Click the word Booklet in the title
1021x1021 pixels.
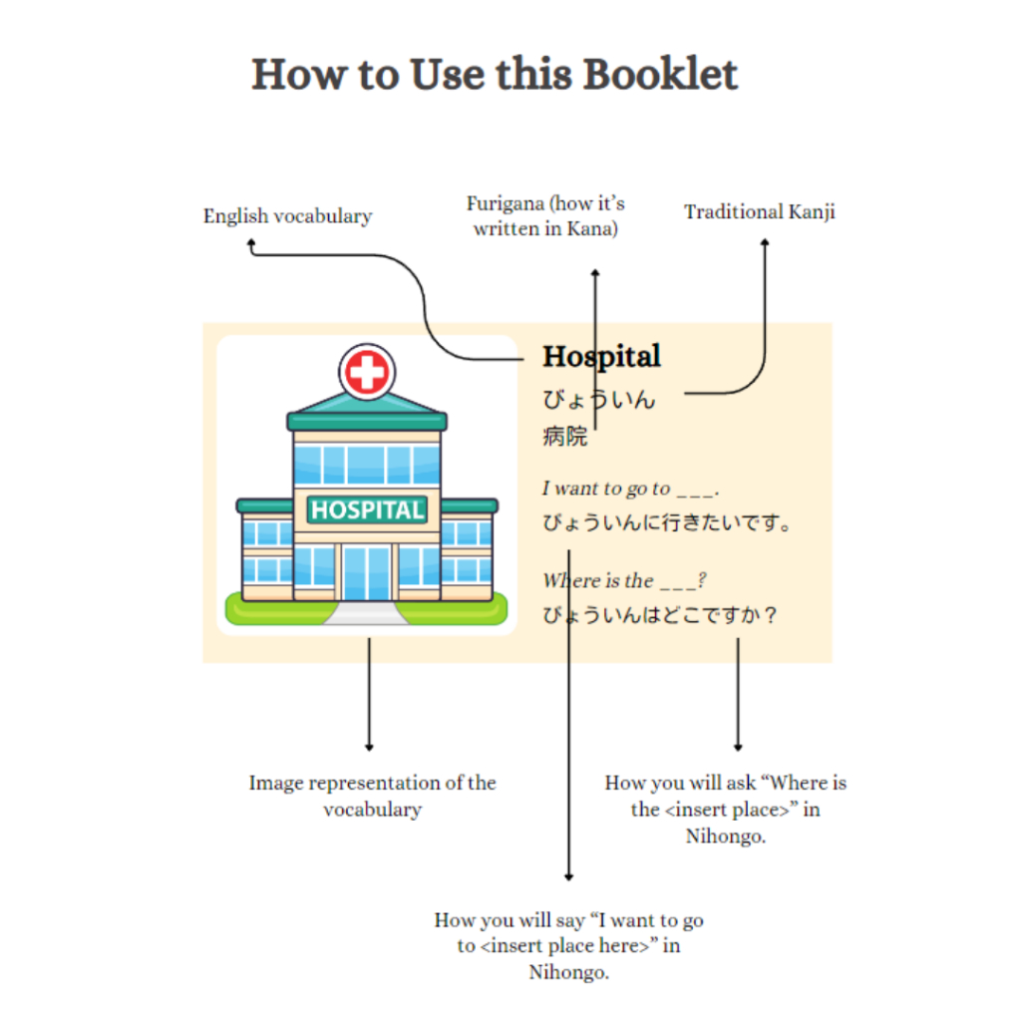tap(660, 75)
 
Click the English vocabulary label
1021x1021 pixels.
tap(287, 216)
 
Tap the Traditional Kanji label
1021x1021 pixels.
tap(760, 211)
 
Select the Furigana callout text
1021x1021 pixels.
tap(545, 216)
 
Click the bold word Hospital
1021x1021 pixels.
tap(601, 356)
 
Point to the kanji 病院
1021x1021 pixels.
tap(564, 436)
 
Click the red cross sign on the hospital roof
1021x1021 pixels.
tap(367, 373)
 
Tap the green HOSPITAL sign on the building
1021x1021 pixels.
tap(367, 510)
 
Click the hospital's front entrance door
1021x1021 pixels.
tap(367, 572)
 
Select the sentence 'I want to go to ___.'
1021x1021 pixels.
tap(630, 489)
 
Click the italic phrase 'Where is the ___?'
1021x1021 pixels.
tap(624, 580)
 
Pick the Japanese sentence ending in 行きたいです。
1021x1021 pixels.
tap(667, 522)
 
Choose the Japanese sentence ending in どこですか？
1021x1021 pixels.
tap(660, 615)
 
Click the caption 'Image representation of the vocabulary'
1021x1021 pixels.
tap(372, 796)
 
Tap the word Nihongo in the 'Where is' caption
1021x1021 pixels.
tap(725, 837)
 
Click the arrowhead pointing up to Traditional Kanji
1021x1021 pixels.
tap(765, 241)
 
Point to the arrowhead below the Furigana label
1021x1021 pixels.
tap(594, 272)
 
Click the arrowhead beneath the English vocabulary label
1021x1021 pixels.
tap(251, 242)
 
